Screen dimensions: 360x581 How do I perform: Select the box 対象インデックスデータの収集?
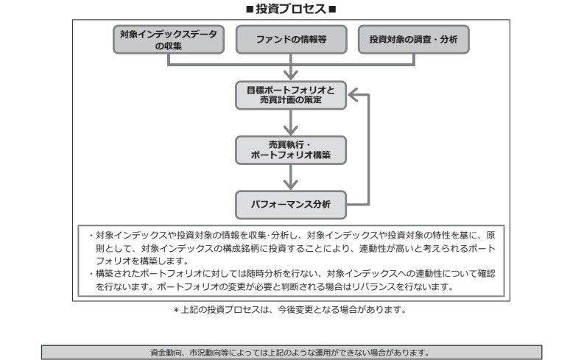169,40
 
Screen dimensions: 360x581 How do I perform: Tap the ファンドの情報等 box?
292,40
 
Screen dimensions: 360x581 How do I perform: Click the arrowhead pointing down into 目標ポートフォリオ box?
293,74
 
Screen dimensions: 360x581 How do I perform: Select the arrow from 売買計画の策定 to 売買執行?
293,122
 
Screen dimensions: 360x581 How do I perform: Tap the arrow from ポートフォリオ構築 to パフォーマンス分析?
293,177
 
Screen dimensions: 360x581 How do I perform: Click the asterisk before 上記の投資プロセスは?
177,310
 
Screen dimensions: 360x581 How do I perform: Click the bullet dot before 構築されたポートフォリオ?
90,273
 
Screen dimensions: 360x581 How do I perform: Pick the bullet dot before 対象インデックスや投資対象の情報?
90,236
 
